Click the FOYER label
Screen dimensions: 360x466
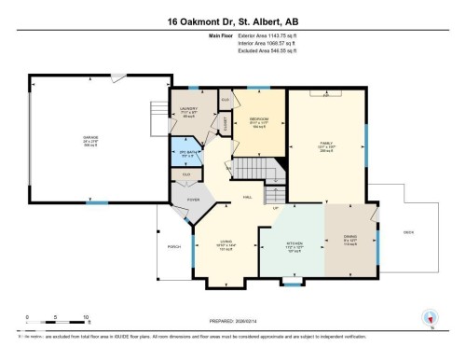(x=194, y=199)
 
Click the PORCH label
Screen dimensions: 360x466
(x=173, y=247)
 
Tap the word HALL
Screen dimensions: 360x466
(x=248, y=197)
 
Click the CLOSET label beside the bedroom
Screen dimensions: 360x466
(x=226, y=120)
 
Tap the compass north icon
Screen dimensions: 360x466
(x=431, y=316)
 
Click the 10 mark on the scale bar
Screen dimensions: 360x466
(x=86, y=318)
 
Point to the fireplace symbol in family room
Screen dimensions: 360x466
(x=325, y=95)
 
